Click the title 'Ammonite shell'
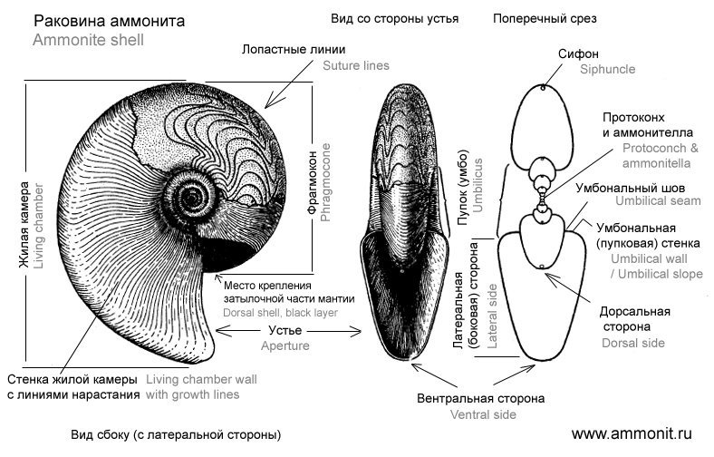[88, 40]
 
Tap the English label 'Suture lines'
[356, 65]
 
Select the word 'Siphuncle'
[607, 69]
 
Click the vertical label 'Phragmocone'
[325, 182]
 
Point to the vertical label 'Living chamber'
[39, 226]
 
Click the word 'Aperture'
[285, 345]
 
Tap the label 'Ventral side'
[483, 414]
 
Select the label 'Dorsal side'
[633, 343]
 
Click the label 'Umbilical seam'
[658, 201]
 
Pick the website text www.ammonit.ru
[632, 433]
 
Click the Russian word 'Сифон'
[578, 53]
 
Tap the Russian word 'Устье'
[285, 330]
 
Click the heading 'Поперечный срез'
[545, 19]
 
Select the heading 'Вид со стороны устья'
[394, 19]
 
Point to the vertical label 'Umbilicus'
[478, 186]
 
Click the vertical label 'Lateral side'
[492, 316]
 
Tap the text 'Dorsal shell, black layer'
[281, 313]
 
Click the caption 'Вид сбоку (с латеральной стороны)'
[176, 434]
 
